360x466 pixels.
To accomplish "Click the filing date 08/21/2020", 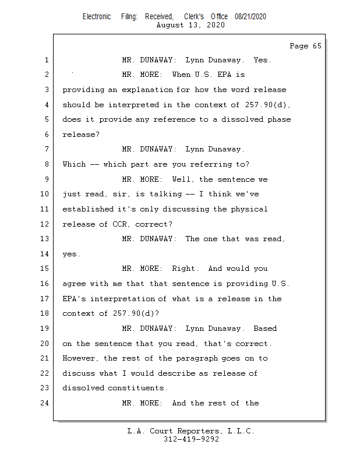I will pos(250,17).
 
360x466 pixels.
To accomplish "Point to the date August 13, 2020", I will pos(190,25).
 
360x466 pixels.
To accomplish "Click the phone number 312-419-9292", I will pos(190,439).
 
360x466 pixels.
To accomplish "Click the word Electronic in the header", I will pos(97,17).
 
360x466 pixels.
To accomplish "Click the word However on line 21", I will pos(80,358).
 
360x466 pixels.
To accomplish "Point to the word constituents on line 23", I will pos(137,388).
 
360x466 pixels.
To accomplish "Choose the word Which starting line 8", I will pos(74,164).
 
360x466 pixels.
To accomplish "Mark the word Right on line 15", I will pos(185,269).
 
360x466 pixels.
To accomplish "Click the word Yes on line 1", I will pos(262,60).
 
